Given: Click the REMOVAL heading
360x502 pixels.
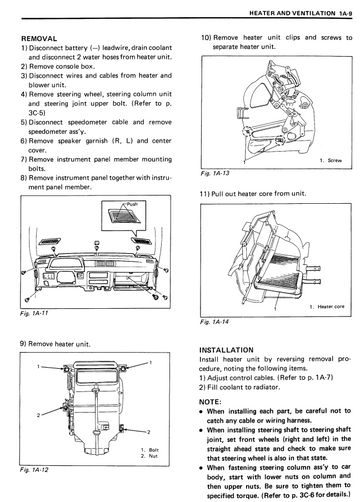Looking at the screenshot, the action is pos(39,39).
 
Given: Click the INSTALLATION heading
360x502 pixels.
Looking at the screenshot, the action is pos(226,350).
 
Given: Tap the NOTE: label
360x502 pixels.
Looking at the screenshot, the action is pos(210,402).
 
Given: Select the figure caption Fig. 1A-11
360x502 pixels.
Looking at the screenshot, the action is pos(34,313).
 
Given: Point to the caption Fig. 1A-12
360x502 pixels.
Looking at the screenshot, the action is pos(34,470).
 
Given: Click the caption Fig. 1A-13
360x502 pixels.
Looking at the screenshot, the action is pos(215,173).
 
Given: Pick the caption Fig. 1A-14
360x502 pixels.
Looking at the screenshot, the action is pos(214,322).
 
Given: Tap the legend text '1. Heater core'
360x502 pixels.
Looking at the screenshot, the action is pos(327,307).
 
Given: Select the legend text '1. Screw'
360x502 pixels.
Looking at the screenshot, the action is pos(331,160).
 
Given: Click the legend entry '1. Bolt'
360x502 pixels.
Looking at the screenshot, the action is pos(150,450).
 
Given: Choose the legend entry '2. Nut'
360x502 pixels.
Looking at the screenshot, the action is pos(149,456).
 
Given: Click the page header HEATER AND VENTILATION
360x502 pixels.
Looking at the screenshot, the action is pos(292,13).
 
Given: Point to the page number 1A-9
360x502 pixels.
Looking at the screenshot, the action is pos(346,13).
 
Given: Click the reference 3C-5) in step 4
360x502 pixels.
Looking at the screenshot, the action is pos(37,113).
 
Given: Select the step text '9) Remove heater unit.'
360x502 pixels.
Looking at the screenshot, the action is pos(55,344).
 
